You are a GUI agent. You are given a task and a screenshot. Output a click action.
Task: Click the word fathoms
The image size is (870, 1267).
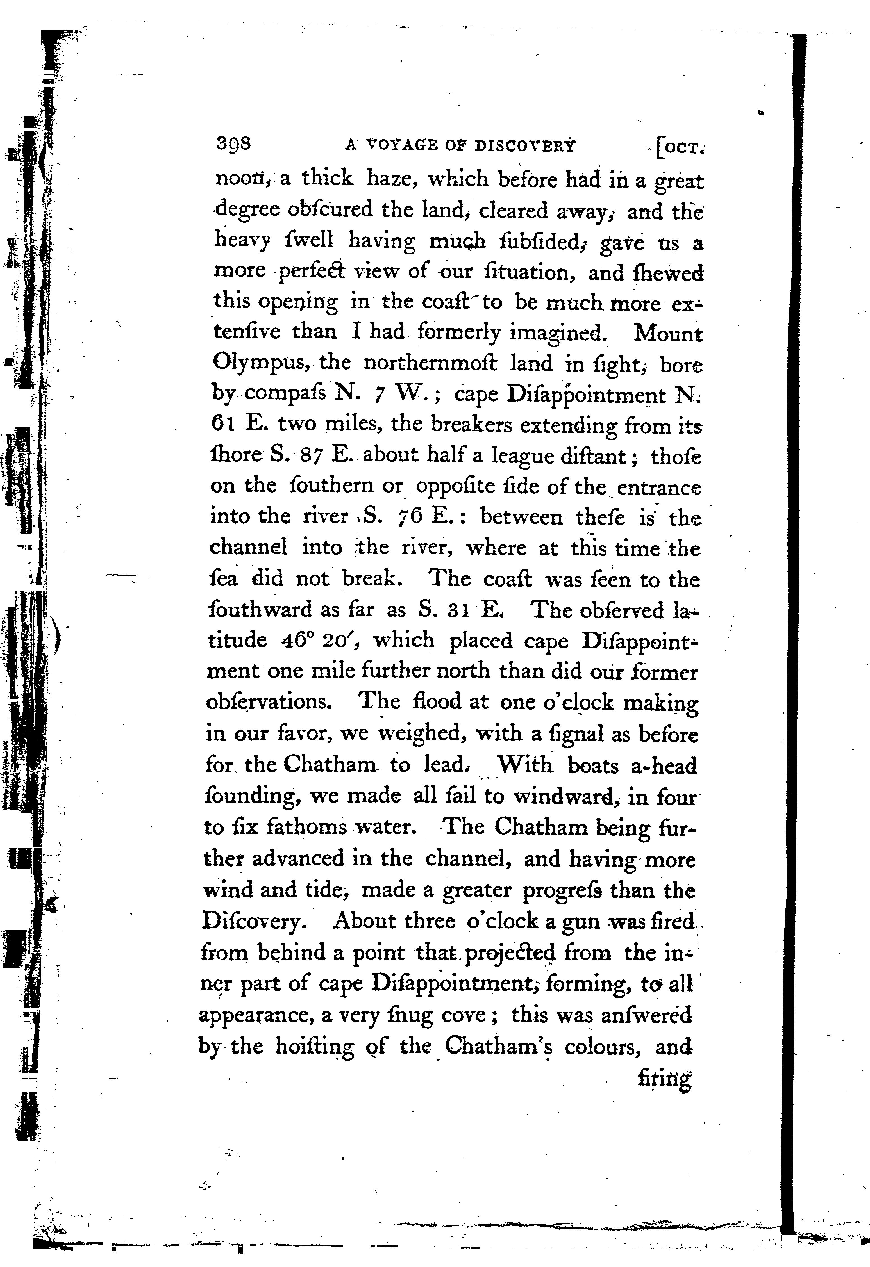click(x=306, y=827)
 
